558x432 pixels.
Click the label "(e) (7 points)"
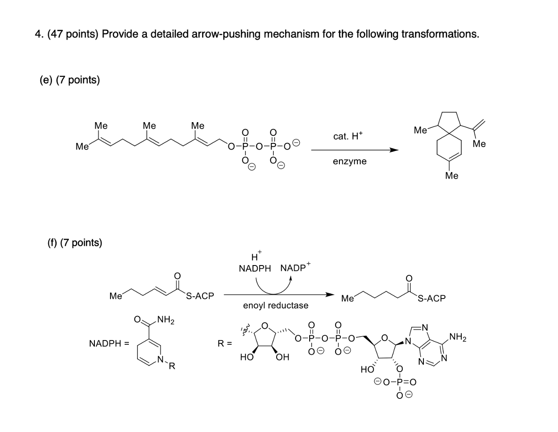click(69, 80)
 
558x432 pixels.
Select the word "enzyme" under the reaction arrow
click(349, 161)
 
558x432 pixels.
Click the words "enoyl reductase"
click(276, 305)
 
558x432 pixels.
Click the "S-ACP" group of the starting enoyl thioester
click(200, 296)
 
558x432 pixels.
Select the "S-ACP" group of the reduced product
click(431, 299)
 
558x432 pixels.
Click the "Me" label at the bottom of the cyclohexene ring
click(452, 176)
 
